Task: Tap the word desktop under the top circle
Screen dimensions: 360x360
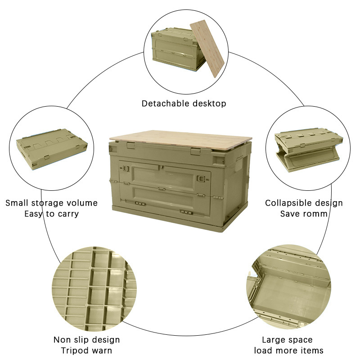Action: click(x=207, y=103)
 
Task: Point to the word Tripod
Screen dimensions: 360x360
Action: click(x=76, y=351)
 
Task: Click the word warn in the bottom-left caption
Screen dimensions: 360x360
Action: click(x=102, y=351)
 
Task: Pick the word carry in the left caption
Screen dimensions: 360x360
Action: click(x=67, y=214)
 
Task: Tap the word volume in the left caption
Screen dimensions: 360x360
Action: click(x=82, y=203)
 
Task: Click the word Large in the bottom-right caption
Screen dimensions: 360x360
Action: click(x=275, y=340)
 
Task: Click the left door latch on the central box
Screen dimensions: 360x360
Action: click(x=126, y=171)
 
